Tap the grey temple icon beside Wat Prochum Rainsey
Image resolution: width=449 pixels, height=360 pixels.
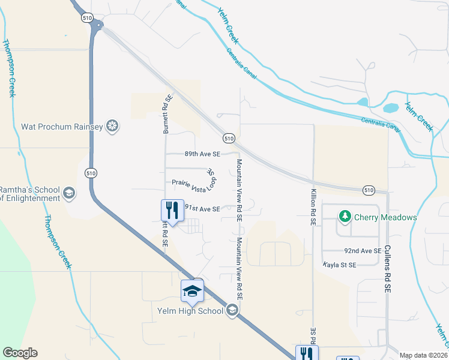112,126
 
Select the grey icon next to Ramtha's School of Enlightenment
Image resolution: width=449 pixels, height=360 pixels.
69,193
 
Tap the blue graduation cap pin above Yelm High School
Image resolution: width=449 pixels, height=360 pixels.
192,292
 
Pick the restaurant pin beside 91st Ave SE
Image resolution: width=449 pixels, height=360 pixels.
172,211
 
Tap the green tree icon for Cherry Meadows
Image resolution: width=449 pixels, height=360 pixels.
345,215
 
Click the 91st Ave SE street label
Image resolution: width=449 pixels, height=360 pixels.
202,209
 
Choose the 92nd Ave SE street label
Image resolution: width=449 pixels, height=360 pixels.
363,250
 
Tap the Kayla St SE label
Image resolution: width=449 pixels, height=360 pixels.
339,264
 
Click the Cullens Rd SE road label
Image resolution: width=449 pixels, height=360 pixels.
388,268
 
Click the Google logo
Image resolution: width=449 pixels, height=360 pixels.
20,353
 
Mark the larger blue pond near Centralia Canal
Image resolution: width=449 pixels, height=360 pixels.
391,109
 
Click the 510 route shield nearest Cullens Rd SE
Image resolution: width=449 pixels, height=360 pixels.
369,190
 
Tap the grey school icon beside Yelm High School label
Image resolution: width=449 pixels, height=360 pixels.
232,310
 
